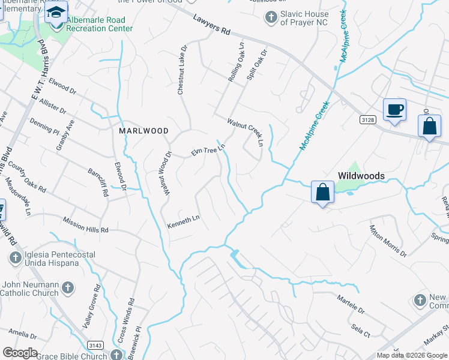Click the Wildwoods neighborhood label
[361, 175]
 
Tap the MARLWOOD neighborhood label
[143, 130]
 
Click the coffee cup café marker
[394, 110]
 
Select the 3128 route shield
[368, 120]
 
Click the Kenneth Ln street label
[182, 222]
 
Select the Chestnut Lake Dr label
[182, 70]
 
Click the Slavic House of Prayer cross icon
[271, 16]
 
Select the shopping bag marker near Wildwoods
[322, 193]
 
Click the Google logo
[20, 352]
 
